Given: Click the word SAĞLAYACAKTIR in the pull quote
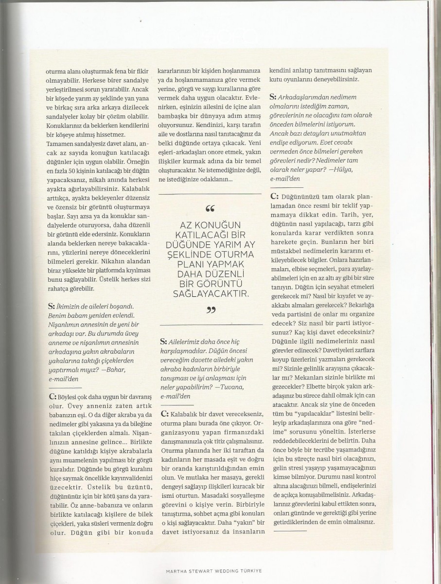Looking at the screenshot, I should [211, 294].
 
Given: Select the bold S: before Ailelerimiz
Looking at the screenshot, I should [163, 339].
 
